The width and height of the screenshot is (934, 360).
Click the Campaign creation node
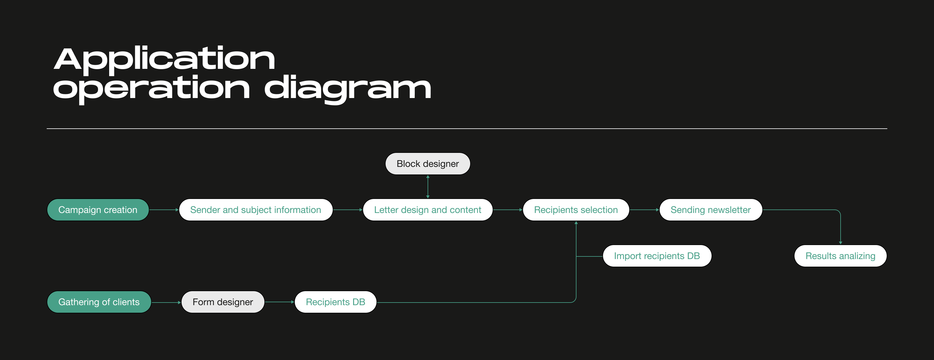click(98, 210)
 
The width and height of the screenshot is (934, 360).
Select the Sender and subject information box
click(256, 210)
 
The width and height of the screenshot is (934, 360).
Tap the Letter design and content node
click(428, 210)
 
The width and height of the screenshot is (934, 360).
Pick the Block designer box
click(428, 164)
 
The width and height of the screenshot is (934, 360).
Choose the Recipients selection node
click(576, 210)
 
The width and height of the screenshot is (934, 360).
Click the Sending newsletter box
click(710, 210)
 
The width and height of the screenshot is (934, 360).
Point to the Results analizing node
click(840, 256)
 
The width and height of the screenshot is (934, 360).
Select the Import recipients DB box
click(657, 256)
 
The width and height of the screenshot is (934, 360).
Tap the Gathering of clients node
click(99, 302)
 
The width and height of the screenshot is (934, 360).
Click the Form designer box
click(223, 302)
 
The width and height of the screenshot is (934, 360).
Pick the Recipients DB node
click(335, 302)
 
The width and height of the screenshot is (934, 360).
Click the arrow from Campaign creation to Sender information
click(164, 210)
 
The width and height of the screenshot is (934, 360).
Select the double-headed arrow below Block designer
click(428, 187)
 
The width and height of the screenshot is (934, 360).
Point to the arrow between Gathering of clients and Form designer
click(166, 302)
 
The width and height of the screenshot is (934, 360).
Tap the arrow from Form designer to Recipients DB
click(279, 302)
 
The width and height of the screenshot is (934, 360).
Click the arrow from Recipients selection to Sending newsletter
click(644, 210)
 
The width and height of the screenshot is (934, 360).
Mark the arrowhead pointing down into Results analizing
click(841, 242)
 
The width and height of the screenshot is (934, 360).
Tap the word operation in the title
click(151, 88)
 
